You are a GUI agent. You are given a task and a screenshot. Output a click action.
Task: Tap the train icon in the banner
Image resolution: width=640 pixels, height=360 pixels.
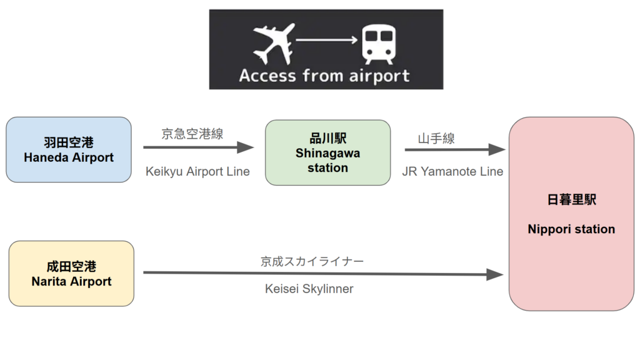[379, 44]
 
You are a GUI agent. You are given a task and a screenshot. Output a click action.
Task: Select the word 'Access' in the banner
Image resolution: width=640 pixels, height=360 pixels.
[267, 76]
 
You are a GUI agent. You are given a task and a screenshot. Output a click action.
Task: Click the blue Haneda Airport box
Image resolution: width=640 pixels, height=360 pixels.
[69, 150]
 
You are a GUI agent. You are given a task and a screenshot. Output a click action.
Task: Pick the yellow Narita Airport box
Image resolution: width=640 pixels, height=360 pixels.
[71, 274]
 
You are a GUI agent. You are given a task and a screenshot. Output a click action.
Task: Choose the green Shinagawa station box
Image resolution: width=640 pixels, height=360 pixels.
[327, 153]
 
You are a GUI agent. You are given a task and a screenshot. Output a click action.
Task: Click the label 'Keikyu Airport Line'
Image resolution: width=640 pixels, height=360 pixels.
[197, 171]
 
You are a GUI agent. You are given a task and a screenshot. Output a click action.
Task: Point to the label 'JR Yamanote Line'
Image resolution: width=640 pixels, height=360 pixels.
[452, 171]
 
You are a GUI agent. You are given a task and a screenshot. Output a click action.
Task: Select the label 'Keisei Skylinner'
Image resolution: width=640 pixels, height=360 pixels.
[309, 289]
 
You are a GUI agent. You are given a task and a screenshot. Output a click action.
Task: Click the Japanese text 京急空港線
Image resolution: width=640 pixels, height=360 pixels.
[192, 134]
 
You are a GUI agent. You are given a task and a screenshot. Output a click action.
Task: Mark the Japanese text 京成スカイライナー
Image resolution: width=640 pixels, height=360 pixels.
[312, 261]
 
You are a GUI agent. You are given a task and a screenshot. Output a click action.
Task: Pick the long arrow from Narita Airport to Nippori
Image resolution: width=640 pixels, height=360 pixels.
[322, 274]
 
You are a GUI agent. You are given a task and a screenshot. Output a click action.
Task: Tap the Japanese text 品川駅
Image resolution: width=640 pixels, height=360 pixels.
[327, 139]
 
